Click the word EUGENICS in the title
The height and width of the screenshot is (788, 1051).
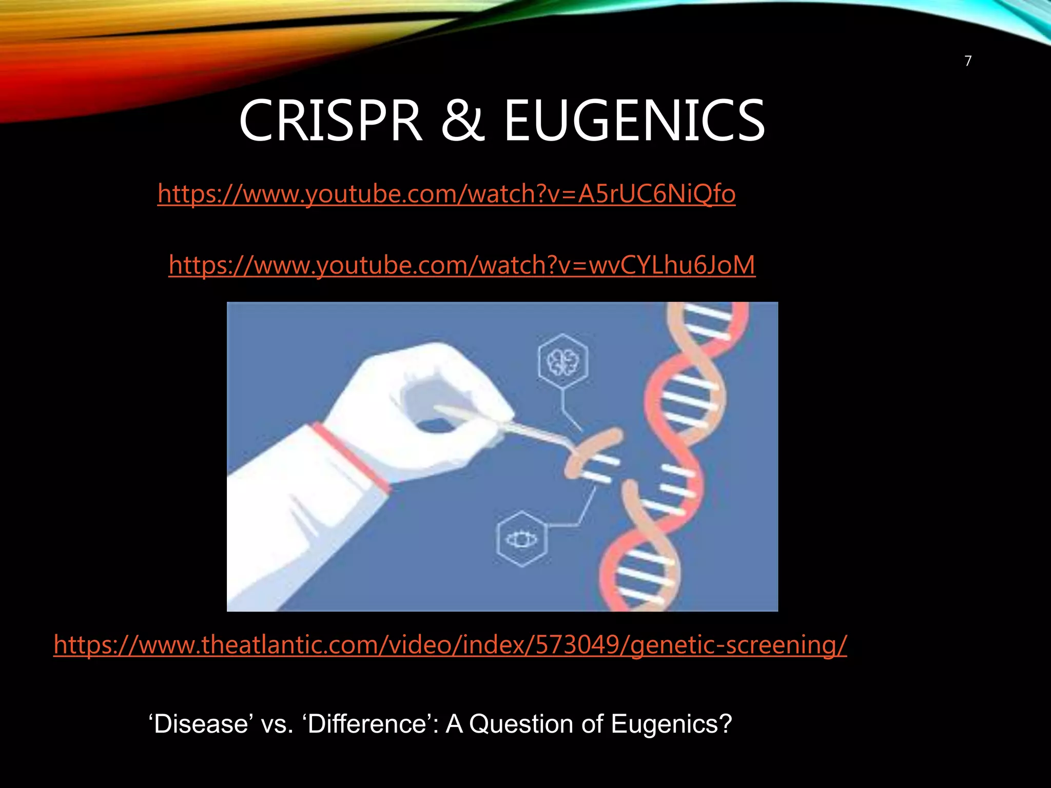point(634,122)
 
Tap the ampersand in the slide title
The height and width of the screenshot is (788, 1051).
point(462,122)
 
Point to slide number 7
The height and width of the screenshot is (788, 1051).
point(968,61)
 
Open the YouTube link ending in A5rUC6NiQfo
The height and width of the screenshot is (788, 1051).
point(446,194)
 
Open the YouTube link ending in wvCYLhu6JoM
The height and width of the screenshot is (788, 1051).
point(462,265)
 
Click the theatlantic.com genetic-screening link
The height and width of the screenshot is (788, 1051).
point(450,645)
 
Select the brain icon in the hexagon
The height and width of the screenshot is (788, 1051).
point(563,362)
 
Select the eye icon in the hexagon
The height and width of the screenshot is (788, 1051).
point(521,539)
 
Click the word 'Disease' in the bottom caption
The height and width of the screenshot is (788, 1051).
point(201,724)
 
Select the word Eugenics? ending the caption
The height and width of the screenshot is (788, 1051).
point(671,724)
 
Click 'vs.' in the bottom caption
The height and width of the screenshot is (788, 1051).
point(277,724)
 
